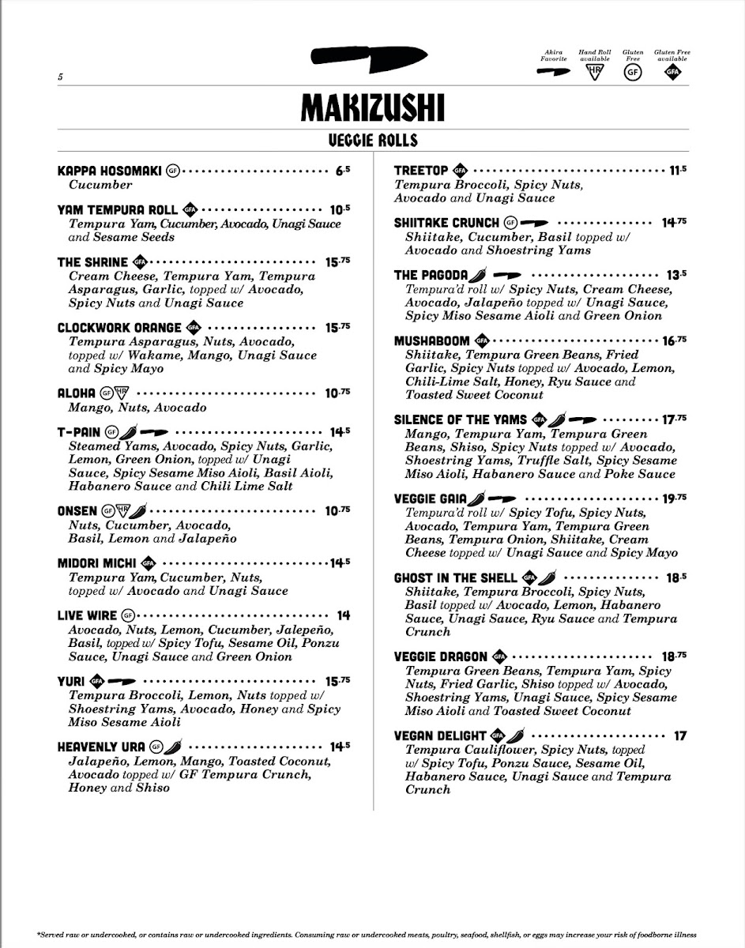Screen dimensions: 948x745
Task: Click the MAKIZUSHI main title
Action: [373, 108]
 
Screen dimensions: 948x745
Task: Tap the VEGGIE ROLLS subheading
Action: [373, 141]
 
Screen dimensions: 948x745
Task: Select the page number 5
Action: [59, 77]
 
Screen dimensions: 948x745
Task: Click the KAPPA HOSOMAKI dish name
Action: [110, 171]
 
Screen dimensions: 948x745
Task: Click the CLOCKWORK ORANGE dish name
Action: [119, 328]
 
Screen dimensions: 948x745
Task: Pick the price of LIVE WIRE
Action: [343, 615]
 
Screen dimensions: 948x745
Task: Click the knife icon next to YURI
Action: [122, 681]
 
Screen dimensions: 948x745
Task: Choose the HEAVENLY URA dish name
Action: [101, 747]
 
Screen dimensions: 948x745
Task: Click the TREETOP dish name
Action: [421, 171]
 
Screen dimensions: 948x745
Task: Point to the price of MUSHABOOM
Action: [675, 341]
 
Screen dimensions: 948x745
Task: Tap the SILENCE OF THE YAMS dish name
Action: [461, 419]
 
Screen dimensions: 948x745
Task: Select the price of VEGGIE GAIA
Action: [675, 498]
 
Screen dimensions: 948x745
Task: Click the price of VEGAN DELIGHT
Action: [679, 736]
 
